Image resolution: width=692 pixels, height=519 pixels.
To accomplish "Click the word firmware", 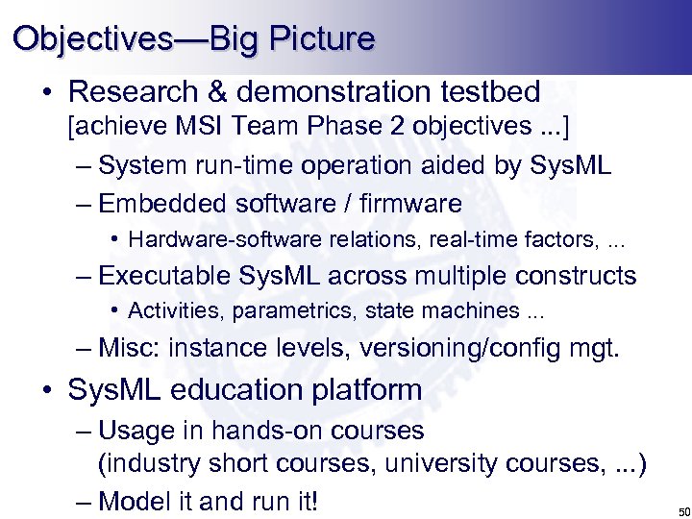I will point(413,204).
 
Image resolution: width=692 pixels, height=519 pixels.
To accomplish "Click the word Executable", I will point(164,276).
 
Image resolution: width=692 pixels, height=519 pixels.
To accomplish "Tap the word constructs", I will point(577,276).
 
